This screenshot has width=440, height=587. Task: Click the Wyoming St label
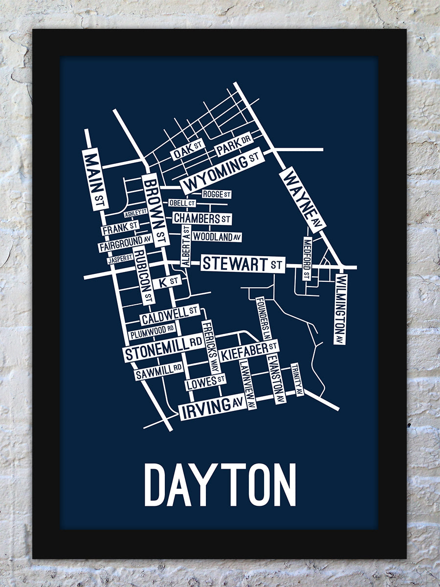click(x=222, y=171)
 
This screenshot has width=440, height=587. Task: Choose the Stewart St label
click(x=242, y=264)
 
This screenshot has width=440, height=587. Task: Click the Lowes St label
click(x=206, y=383)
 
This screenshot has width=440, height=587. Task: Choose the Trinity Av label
click(x=297, y=379)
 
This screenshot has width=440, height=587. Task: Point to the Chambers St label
click(x=201, y=218)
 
